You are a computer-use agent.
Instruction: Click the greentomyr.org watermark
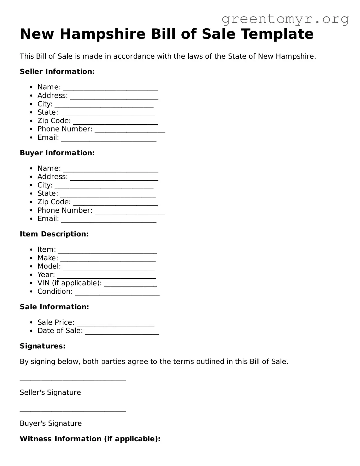click(285, 19)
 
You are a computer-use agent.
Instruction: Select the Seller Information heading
click(57, 72)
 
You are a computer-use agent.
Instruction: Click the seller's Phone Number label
click(65, 129)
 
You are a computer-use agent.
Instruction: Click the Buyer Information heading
click(57, 153)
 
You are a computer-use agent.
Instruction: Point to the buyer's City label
click(45, 185)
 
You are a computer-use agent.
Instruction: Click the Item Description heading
click(54, 234)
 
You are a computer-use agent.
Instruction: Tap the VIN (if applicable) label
click(69, 283)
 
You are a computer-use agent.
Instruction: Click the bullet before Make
click(31, 258)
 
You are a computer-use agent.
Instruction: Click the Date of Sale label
click(60, 331)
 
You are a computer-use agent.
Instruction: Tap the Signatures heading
click(42, 346)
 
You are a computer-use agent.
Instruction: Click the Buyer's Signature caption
click(51, 423)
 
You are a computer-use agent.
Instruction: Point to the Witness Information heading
click(90, 439)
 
